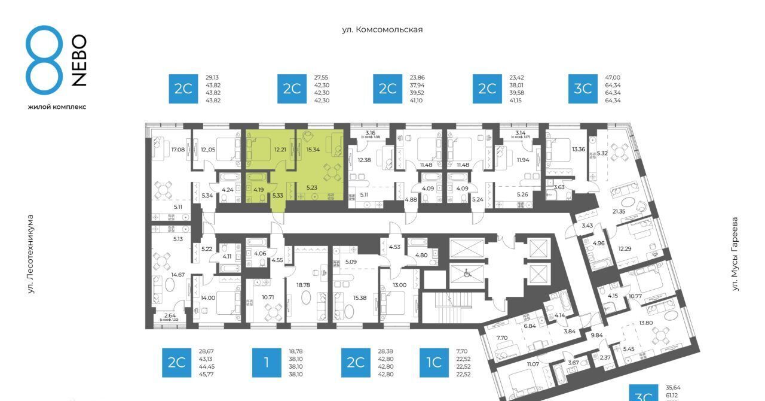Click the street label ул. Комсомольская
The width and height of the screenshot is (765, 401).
point(382,29)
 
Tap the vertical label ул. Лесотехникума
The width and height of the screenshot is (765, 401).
point(30,254)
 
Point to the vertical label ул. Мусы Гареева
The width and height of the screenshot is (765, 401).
point(735,254)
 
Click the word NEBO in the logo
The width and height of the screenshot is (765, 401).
point(79,60)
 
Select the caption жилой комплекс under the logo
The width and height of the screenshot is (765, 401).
point(57,107)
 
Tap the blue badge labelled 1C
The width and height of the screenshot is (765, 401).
point(433,363)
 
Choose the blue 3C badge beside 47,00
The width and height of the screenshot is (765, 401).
point(582,89)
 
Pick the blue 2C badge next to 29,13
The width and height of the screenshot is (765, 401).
point(183,89)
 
